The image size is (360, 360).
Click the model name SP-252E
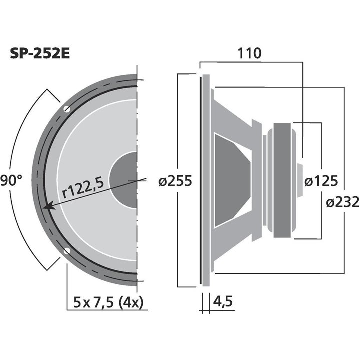coord(40,53)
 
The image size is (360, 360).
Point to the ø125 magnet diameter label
coord(321,181)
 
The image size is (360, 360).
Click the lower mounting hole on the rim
coord(66,251)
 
